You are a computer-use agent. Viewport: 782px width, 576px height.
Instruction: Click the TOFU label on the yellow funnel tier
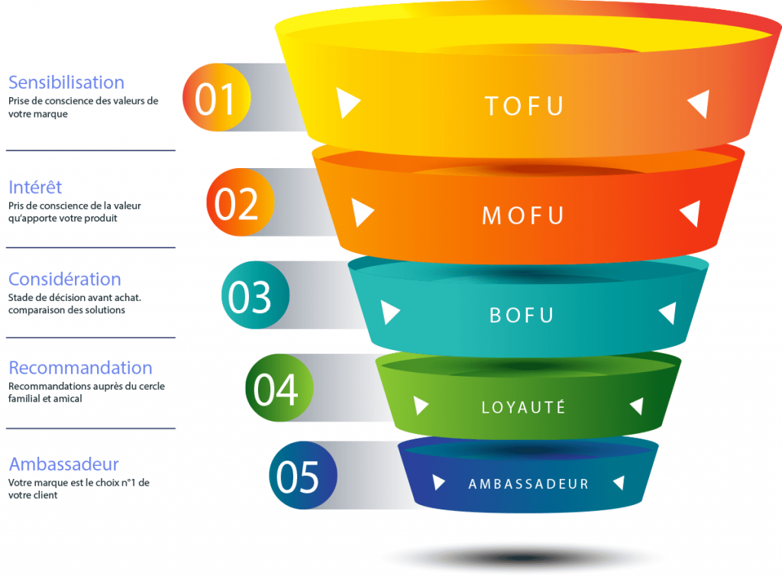pyautogui.click(x=525, y=105)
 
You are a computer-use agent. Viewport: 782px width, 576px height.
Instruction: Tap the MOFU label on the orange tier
pyautogui.click(x=523, y=215)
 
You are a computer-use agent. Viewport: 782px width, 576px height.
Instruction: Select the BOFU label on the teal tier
pyautogui.click(x=522, y=314)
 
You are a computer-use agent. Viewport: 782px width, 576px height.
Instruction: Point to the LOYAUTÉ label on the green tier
pyautogui.click(x=524, y=406)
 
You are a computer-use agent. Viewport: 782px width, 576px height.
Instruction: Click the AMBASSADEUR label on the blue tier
pyautogui.click(x=528, y=484)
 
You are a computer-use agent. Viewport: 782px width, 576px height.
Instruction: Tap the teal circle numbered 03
pyautogui.click(x=255, y=296)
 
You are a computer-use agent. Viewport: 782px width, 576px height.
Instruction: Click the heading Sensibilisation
pyautogui.click(x=66, y=83)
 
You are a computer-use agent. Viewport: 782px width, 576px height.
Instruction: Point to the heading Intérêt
pyautogui.click(x=35, y=187)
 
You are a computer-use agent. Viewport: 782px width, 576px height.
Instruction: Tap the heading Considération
pyautogui.click(x=65, y=279)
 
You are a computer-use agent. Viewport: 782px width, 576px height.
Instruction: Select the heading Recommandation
pyautogui.click(x=80, y=368)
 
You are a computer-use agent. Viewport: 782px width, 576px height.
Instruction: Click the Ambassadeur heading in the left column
pyautogui.click(x=63, y=464)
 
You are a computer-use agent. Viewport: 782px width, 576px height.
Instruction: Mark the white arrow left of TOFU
pyautogui.click(x=347, y=102)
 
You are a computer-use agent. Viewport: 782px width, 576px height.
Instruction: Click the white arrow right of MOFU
pyautogui.click(x=690, y=213)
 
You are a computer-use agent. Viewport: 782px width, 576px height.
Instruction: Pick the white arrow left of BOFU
pyautogui.click(x=390, y=312)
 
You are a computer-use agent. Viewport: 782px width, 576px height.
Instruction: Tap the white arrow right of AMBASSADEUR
pyautogui.click(x=619, y=482)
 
